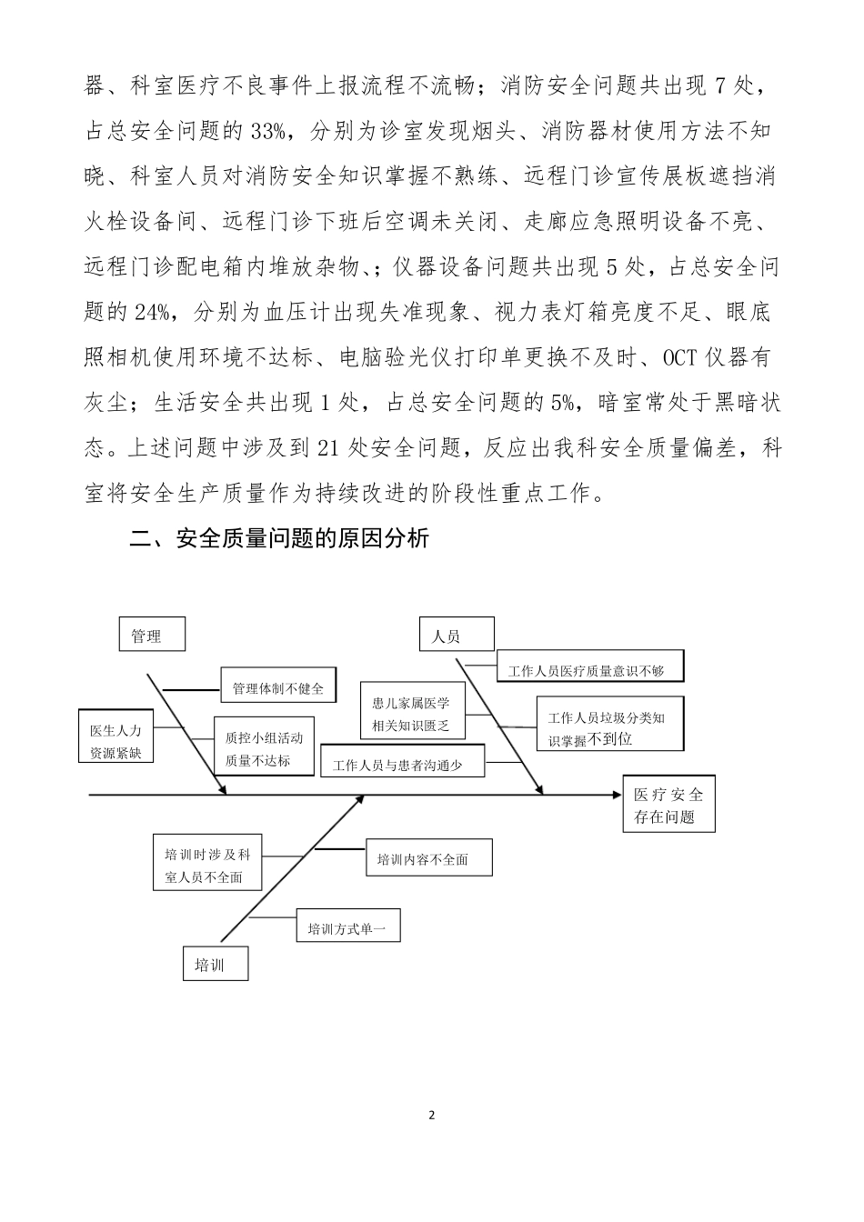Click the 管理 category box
pyautogui.click(x=152, y=635)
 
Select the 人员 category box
pyautogui.click(x=457, y=635)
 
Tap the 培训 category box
pyautogui.click(x=216, y=964)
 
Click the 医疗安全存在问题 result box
pyautogui.click(x=668, y=805)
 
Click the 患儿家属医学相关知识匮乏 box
pyautogui.click(x=410, y=714)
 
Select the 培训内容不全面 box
pyautogui.click(x=428, y=857)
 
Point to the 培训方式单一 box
pyautogui.click(x=347, y=927)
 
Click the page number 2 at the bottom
pyautogui.click(x=432, y=1115)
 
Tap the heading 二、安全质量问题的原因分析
pyautogui.click(x=279, y=539)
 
